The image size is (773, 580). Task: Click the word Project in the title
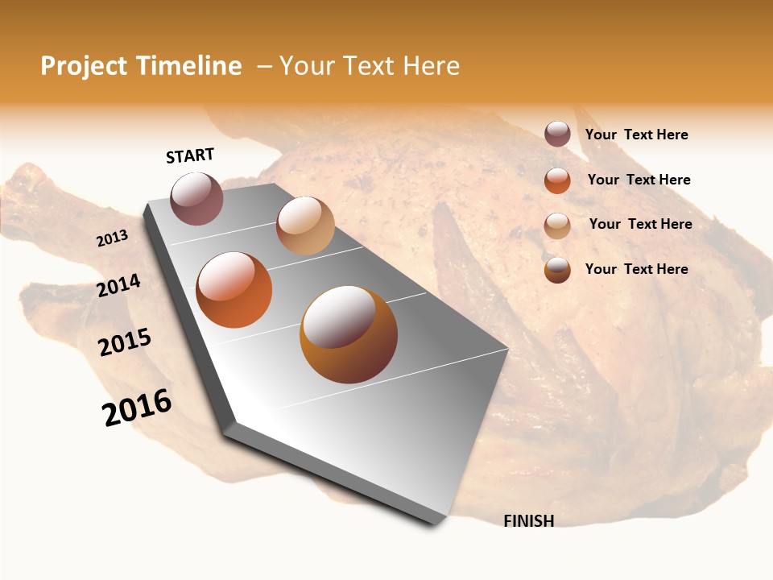click(82, 66)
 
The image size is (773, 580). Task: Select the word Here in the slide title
click(431, 66)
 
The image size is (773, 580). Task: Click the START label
click(190, 155)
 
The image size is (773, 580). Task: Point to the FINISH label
click(529, 521)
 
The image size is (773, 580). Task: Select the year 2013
click(112, 238)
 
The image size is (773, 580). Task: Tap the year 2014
click(118, 285)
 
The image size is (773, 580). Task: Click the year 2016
click(137, 407)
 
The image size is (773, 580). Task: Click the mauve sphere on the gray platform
click(197, 198)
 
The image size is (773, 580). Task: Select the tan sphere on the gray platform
click(305, 226)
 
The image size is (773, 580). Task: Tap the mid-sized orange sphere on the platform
click(234, 290)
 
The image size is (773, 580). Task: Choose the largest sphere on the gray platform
click(349, 334)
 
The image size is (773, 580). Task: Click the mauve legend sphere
click(557, 134)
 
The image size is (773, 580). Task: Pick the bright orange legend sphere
click(557, 180)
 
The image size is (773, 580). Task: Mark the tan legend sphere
click(557, 226)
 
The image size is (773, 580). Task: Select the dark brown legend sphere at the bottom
click(557, 270)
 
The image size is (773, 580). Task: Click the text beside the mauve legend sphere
click(637, 135)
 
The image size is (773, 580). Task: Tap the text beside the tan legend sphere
click(641, 224)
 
